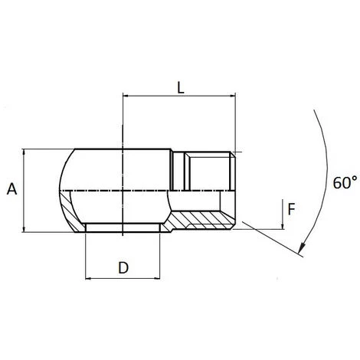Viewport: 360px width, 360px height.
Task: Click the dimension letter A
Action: tap(11, 188)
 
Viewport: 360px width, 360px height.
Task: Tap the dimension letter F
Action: tap(290, 207)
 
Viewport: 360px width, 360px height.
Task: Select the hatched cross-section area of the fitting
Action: tap(201, 221)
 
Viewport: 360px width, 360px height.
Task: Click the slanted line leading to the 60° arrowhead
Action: tap(268, 237)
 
